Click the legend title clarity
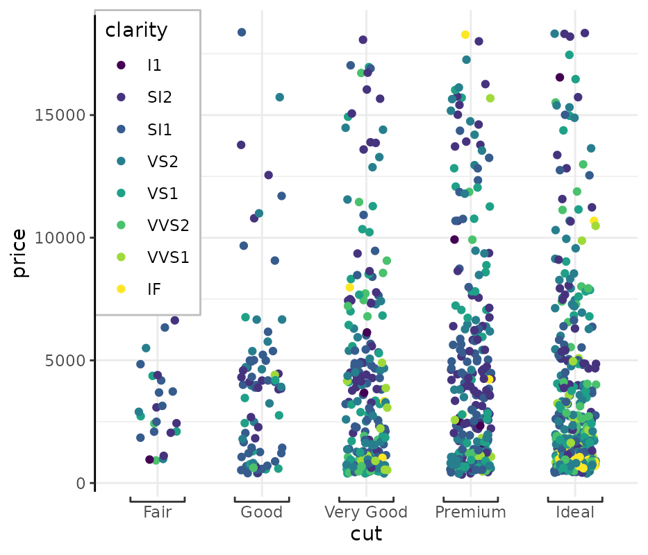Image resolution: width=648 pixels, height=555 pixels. [136, 31]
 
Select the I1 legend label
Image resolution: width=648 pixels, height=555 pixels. [154, 66]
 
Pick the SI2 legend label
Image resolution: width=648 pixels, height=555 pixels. [160, 98]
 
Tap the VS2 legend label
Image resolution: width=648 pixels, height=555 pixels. [163, 162]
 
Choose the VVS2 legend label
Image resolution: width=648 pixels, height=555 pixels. [168, 225]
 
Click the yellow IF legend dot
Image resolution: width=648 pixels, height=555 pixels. [122, 289]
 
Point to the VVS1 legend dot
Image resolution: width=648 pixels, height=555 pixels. [122, 257]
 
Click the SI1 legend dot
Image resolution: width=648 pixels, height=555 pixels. [122, 130]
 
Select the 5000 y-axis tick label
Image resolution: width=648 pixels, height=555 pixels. [63, 361]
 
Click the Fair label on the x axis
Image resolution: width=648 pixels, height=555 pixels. [158, 513]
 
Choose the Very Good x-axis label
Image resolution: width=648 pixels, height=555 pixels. [366, 513]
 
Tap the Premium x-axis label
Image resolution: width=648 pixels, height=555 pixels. [470, 513]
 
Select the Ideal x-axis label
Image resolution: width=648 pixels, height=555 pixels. [574, 513]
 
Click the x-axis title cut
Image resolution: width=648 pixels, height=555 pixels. [366, 534]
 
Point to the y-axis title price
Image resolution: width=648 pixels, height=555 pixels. [19, 253]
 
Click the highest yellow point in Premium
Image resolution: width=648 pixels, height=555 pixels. [465, 35]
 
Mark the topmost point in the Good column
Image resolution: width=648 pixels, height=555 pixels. [242, 33]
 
